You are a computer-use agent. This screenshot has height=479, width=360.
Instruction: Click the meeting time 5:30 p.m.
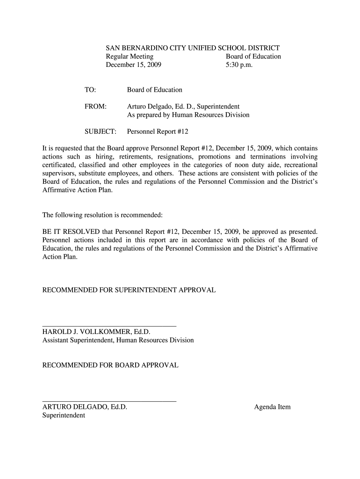(239, 65)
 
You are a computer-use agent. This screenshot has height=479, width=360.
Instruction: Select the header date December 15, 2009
(133, 65)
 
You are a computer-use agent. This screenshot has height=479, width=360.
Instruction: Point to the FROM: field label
(95, 107)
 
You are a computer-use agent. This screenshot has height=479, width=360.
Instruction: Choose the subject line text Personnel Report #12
(158, 132)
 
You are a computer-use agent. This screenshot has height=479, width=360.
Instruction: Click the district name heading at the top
(193, 48)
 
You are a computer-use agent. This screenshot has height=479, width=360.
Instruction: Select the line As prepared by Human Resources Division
(188, 115)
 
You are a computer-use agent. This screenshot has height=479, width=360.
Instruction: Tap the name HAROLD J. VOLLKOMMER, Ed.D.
(96, 332)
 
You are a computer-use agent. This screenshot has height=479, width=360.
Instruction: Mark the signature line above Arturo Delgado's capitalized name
(109, 401)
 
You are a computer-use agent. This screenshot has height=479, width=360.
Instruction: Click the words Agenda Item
(272, 406)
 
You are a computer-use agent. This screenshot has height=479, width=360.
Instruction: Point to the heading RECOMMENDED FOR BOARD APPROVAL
(110, 365)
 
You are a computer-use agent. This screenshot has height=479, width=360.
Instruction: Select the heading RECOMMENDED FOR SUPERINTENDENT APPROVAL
(129, 290)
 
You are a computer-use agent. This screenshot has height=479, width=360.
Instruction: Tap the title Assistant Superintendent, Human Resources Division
(118, 340)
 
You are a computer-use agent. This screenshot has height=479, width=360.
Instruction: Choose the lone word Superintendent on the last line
(64, 415)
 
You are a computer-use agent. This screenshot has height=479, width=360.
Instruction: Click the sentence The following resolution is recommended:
(102, 215)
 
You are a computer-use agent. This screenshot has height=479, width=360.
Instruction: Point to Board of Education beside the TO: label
(154, 89)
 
